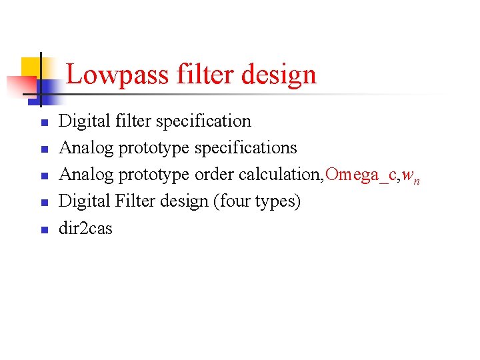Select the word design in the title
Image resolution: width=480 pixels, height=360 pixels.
click(279, 75)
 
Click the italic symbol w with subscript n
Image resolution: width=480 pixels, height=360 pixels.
click(409, 176)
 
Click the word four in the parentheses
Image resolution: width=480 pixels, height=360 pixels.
click(235, 201)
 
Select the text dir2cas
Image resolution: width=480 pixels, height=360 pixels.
click(86, 228)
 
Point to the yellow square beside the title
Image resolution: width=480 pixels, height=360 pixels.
click(32, 67)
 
